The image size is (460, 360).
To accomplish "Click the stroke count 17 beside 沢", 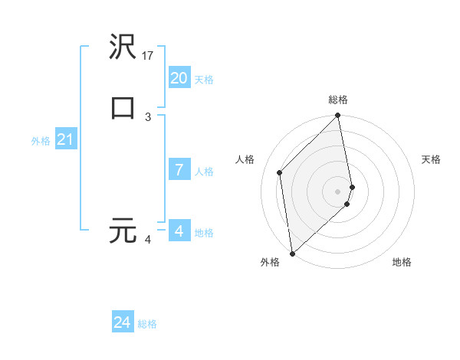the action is pyautogui.click(x=149, y=56).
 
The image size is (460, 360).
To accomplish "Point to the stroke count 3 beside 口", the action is pyautogui.click(x=148, y=116).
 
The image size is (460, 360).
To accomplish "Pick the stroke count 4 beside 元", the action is pyautogui.click(x=148, y=240).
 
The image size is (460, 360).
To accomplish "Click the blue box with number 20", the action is pyautogui.click(x=179, y=78).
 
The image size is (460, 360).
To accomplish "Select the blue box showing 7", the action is pyautogui.click(x=179, y=170).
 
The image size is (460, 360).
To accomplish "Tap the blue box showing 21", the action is pyautogui.click(x=65, y=139).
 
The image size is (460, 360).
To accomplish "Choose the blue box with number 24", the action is pyautogui.click(x=123, y=323).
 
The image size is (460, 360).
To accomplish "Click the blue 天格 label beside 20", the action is pyautogui.click(x=204, y=80).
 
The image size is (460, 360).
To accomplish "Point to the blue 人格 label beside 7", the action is pyautogui.click(x=204, y=172).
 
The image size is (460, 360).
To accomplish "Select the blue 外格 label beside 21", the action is pyautogui.click(x=41, y=141).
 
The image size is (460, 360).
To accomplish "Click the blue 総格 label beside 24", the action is pyautogui.click(x=147, y=325).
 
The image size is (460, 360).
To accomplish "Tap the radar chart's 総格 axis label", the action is pyautogui.click(x=338, y=100).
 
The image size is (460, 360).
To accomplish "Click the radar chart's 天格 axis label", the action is pyautogui.click(x=431, y=159).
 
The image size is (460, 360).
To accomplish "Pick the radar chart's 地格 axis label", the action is pyautogui.click(x=402, y=262).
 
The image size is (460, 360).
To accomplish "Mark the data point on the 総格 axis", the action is pyautogui.click(x=338, y=116).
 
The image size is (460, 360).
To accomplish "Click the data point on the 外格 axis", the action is pyautogui.click(x=292, y=253).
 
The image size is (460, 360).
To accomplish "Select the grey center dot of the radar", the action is pyautogui.click(x=338, y=191).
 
